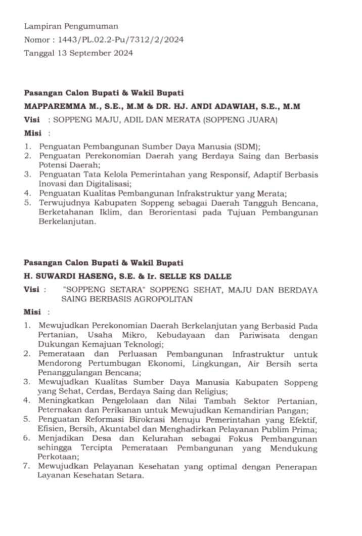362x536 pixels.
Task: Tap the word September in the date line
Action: pos(89,53)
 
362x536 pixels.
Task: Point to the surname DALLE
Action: pos(218,276)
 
